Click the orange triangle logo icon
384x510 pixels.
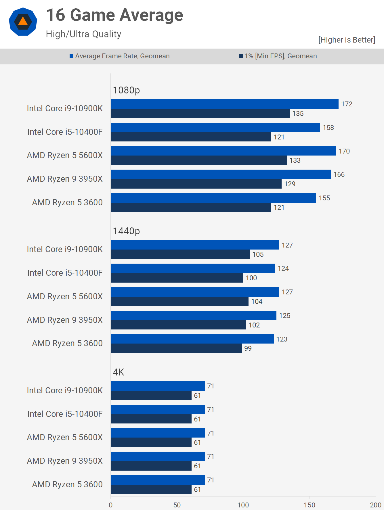23,22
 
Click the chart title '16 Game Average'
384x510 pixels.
114,15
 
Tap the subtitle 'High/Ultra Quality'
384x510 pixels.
83,34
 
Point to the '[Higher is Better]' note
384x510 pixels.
347,40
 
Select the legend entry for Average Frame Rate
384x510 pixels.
120,56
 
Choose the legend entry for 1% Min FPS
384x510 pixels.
278,56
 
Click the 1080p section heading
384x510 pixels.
126,90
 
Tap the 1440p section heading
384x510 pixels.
126,231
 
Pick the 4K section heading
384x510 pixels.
118,372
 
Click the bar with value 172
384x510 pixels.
224,104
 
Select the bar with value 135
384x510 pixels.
200,113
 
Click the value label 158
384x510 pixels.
328,128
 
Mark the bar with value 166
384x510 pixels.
221,175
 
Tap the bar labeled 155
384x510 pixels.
213,198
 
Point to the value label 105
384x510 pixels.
258,254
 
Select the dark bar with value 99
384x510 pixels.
176,348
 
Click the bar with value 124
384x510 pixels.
193,269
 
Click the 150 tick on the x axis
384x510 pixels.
310,505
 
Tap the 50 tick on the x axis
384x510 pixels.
177,505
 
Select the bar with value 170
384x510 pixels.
223,151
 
